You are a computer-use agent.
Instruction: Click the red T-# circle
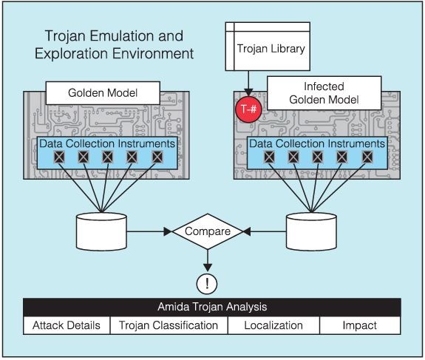pyautogui.click(x=248, y=109)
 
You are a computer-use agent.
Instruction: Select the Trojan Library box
pyautogui.click(x=268, y=47)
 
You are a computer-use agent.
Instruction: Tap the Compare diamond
pyautogui.click(x=208, y=231)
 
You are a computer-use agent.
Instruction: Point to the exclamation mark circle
pyautogui.click(x=207, y=284)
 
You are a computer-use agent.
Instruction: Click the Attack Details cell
pyautogui.click(x=67, y=325)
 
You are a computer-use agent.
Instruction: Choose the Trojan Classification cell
pyautogui.click(x=169, y=325)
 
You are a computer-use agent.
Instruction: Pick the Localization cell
pyautogui.click(x=273, y=325)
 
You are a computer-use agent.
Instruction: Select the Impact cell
pyautogui.click(x=360, y=325)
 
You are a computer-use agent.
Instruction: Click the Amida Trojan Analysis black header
pyautogui.click(x=212, y=307)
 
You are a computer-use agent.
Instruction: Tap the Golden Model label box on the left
pyautogui.click(x=103, y=93)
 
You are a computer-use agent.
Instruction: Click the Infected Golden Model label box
pyautogui.click(x=324, y=93)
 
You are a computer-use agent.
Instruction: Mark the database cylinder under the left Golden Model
pyautogui.click(x=101, y=231)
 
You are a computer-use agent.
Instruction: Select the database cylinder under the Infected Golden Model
pyautogui.click(x=311, y=231)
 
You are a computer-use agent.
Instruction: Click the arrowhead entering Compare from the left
pyautogui.click(x=168, y=232)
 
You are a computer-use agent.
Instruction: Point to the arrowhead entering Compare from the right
pyautogui.click(x=247, y=232)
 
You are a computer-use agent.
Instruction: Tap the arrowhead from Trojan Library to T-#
pyautogui.click(x=248, y=92)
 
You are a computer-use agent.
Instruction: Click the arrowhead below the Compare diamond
pyautogui.click(x=208, y=268)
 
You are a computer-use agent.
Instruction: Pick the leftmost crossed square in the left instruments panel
pyautogui.click(x=59, y=157)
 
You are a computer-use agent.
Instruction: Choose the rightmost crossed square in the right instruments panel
pyautogui.click(x=367, y=157)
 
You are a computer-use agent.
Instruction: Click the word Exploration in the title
pyautogui.click(x=72, y=54)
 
